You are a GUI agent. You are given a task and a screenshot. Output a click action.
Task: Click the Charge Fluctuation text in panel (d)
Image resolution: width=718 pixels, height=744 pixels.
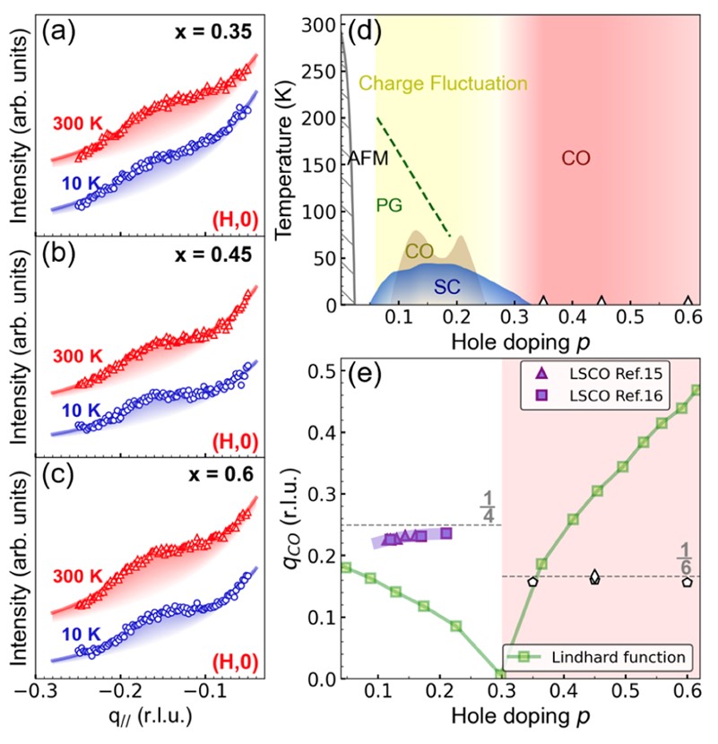pyautogui.click(x=443, y=84)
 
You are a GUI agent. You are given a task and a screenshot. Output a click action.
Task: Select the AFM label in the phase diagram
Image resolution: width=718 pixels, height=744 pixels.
pyautogui.click(x=368, y=159)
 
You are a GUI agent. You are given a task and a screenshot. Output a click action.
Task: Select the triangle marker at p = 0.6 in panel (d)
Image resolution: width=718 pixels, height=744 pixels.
pyautogui.click(x=688, y=301)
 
